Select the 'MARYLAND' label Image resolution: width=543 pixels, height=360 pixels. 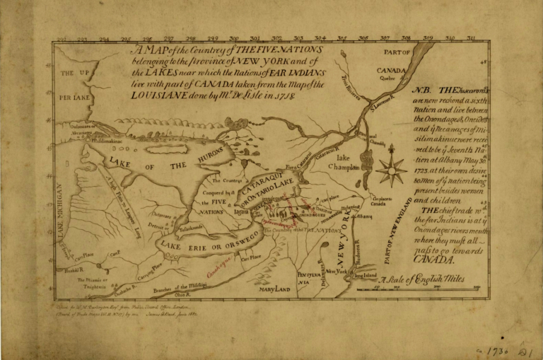[275, 289]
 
